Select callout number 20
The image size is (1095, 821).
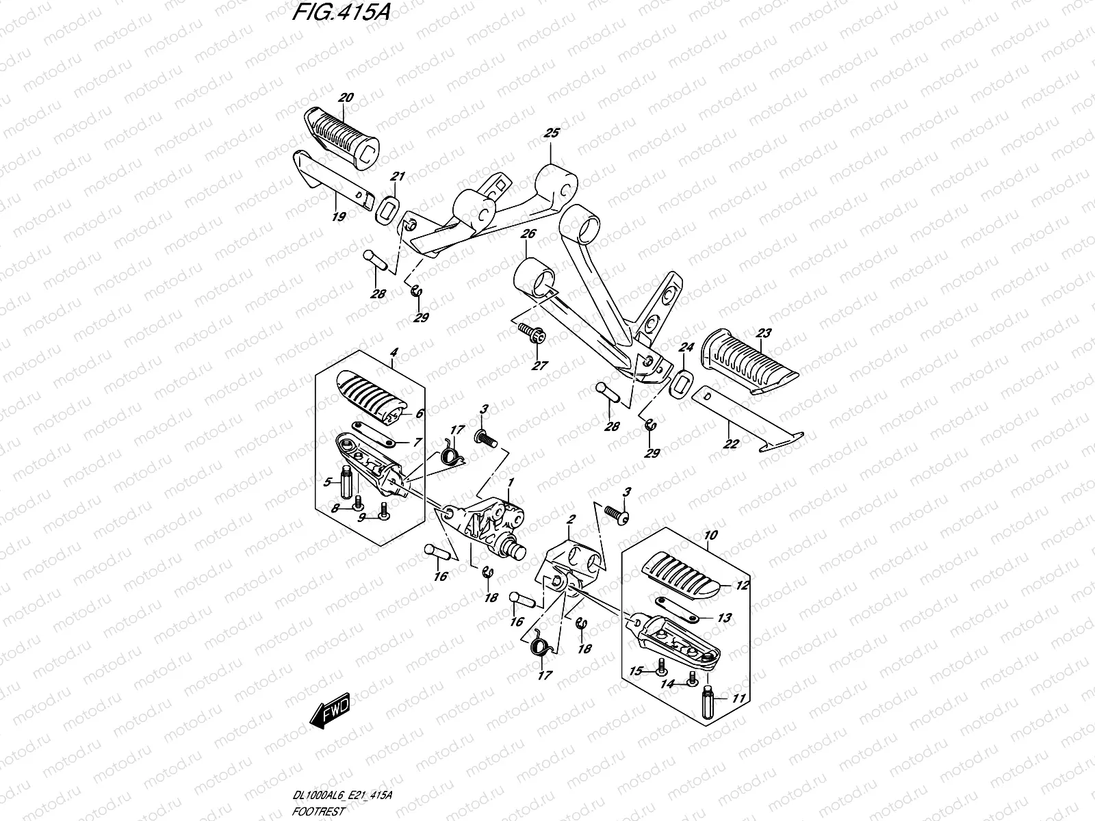[x=345, y=98]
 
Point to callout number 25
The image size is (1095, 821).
[x=551, y=133]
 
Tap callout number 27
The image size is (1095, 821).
[x=540, y=366]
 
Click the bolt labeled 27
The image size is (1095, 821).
[x=531, y=333]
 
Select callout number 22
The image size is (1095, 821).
[x=730, y=443]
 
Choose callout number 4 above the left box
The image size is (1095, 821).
[x=394, y=352]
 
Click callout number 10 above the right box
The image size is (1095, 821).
[x=710, y=535]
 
